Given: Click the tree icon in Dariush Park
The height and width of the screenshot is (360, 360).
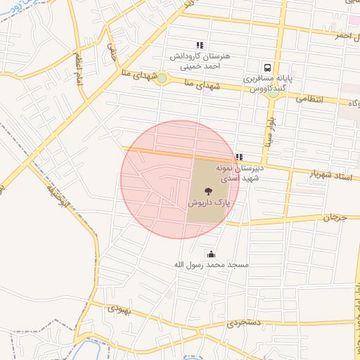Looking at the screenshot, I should (207, 191).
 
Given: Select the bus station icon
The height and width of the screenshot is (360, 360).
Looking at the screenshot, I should (267, 68).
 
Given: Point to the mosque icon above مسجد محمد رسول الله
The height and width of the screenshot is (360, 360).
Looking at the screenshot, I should (211, 254).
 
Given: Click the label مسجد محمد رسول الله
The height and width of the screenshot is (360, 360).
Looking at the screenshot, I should (203, 264).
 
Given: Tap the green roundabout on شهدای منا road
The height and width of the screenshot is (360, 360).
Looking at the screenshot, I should (162, 78).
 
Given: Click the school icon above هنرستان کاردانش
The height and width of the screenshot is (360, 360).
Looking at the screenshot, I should (200, 45).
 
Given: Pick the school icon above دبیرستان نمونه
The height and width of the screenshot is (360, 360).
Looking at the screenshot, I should (239, 157).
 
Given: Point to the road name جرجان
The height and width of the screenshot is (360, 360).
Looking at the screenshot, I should (335, 219).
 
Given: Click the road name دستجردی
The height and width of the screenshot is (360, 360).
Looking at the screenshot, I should (244, 324).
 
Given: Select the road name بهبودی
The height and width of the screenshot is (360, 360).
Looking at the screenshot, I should (119, 309).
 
